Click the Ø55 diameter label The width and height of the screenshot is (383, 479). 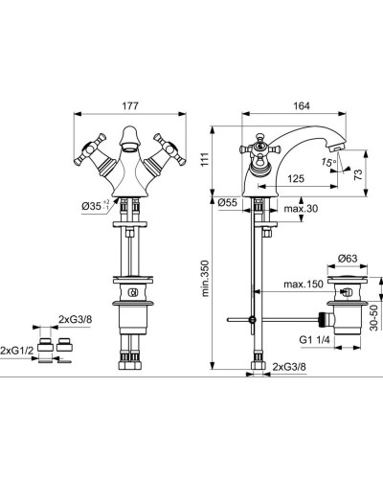[229, 204]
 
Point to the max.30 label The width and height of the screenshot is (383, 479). [301, 209]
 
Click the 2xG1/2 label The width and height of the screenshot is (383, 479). [17, 349]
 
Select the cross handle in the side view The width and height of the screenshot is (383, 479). [258, 151]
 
